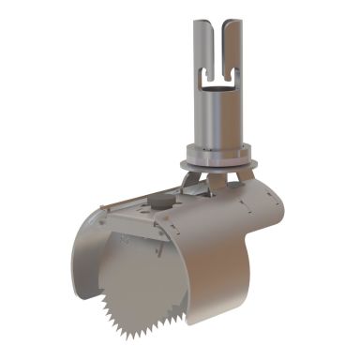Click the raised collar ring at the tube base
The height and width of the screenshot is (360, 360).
pos(220,148)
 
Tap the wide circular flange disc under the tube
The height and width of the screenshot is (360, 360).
pos(221,160)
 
